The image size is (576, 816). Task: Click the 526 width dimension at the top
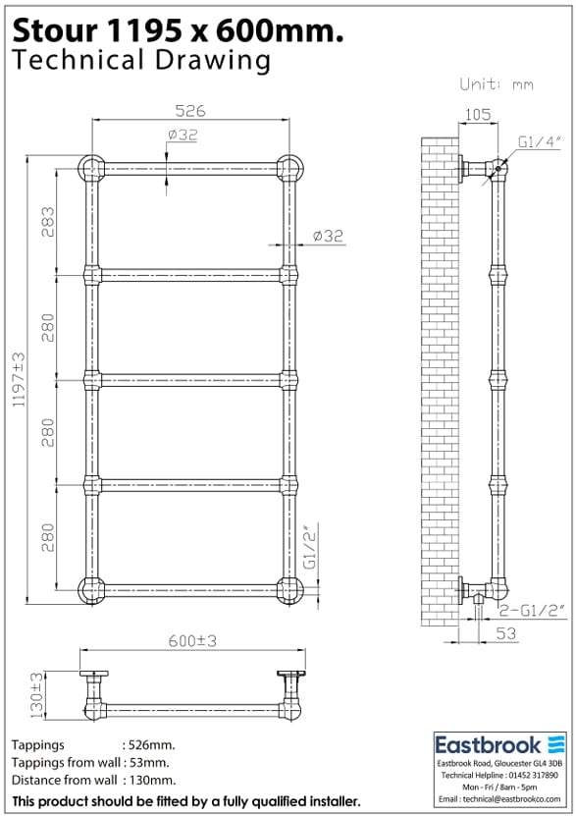pyautogui.click(x=190, y=111)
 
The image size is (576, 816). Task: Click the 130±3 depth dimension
pyautogui.click(x=37, y=693)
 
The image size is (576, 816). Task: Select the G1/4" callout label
pyautogui.click(x=539, y=141)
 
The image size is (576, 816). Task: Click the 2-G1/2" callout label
pyautogui.click(x=533, y=611)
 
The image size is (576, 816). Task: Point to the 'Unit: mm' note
pyautogui.click(x=497, y=84)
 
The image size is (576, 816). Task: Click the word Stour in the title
pyautogui.click(x=51, y=31)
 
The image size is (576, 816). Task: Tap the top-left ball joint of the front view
pyautogui.click(x=93, y=168)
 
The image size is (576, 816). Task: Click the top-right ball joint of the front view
pyautogui.click(x=288, y=168)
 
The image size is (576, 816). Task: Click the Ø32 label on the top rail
pyautogui.click(x=183, y=135)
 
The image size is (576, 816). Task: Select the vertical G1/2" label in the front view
pyautogui.click(x=309, y=547)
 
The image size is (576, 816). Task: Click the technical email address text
pyautogui.click(x=500, y=801)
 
